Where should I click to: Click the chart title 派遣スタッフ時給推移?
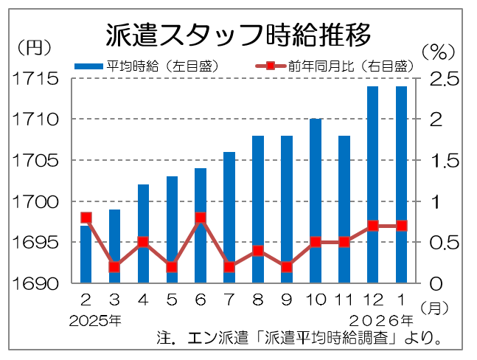(x=238, y=33)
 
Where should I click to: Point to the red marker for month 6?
(x=201, y=218)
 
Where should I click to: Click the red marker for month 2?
(x=86, y=218)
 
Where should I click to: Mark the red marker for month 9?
(x=287, y=267)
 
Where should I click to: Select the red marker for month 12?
(x=373, y=226)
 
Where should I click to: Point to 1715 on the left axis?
(x=33, y=78)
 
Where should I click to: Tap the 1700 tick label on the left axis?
(x=33, y=201)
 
